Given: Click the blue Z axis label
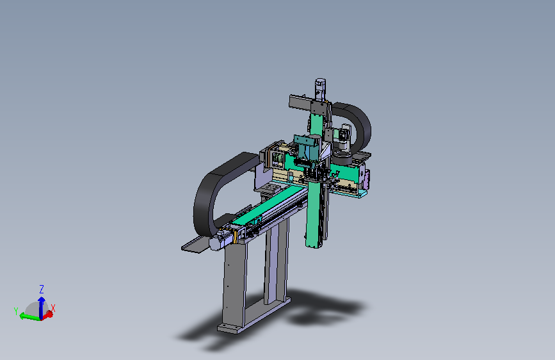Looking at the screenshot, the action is click(x=42, y=289).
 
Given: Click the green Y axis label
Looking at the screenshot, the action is click(x=16, y=311).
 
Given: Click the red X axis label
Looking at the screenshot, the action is click(x=53, y=308).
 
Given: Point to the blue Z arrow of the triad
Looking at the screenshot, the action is click(x=42, y=307).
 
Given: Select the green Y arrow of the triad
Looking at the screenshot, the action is click(x=29, y=317).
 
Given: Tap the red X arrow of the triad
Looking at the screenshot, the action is click(x=47, y=315).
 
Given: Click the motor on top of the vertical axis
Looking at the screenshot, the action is click(x=320, y=89).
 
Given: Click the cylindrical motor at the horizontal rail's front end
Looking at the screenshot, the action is click(x=219, y=242).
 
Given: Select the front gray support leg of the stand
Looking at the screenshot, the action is click(x=234, y=284).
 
